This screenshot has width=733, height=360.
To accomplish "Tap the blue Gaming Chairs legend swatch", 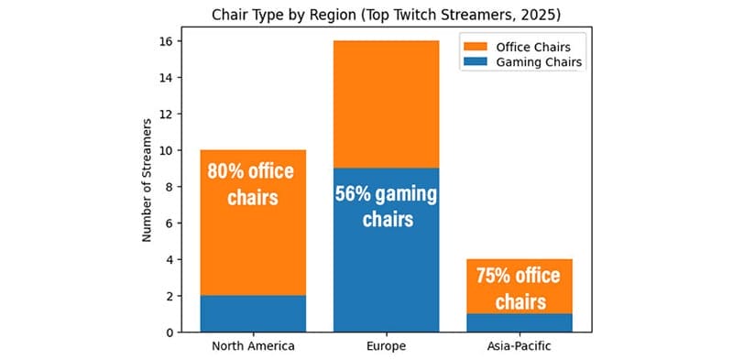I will pyautogui.click(x=474, y=62).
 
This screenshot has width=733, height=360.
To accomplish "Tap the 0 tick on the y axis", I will pyautogui.click(x=166, y=333).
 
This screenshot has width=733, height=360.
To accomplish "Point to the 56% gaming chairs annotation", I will pyautogui.click(x=386, y=207).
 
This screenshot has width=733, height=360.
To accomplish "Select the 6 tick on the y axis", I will pyautogui.click(x=166, y=223).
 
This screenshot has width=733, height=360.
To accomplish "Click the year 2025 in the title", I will pyautogui.click(x=535, y=15).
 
